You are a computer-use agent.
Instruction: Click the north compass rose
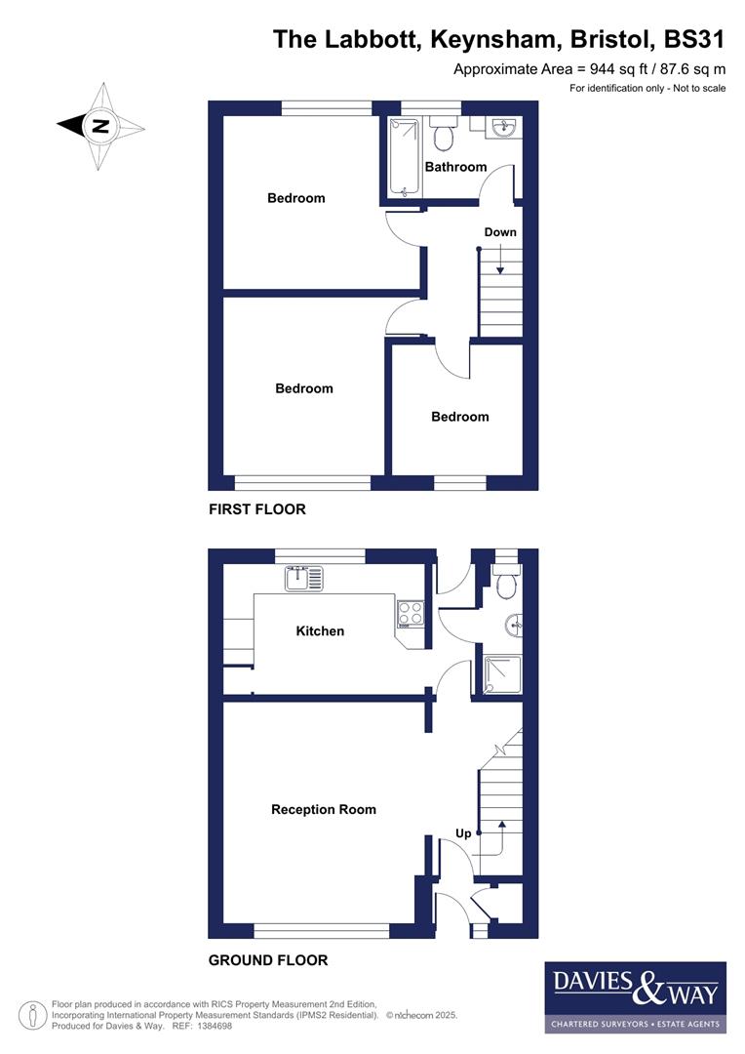click(x=100, y=126)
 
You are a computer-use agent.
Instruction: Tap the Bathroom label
click(x=455, y=167)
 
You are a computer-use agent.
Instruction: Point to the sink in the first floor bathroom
click(x=504, y=128)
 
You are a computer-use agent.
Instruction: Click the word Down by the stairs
click(x=500, y=232)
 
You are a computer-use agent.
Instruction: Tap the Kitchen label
click(x=320, y=631)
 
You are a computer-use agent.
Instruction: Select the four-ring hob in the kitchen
click(x=411, y=613)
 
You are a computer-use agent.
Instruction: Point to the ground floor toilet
click(x=505, y=583)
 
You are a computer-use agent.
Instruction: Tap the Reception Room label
click(x=323, y=809)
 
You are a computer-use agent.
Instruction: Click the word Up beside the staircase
click(x=464, y=833)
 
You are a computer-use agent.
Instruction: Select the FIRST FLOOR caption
click(x=256, y=509)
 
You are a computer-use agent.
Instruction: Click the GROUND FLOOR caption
click(x=268, y=960)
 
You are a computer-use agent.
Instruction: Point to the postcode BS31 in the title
click(x=694, y=39)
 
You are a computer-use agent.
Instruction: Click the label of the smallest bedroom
click(x=459, y=417)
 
